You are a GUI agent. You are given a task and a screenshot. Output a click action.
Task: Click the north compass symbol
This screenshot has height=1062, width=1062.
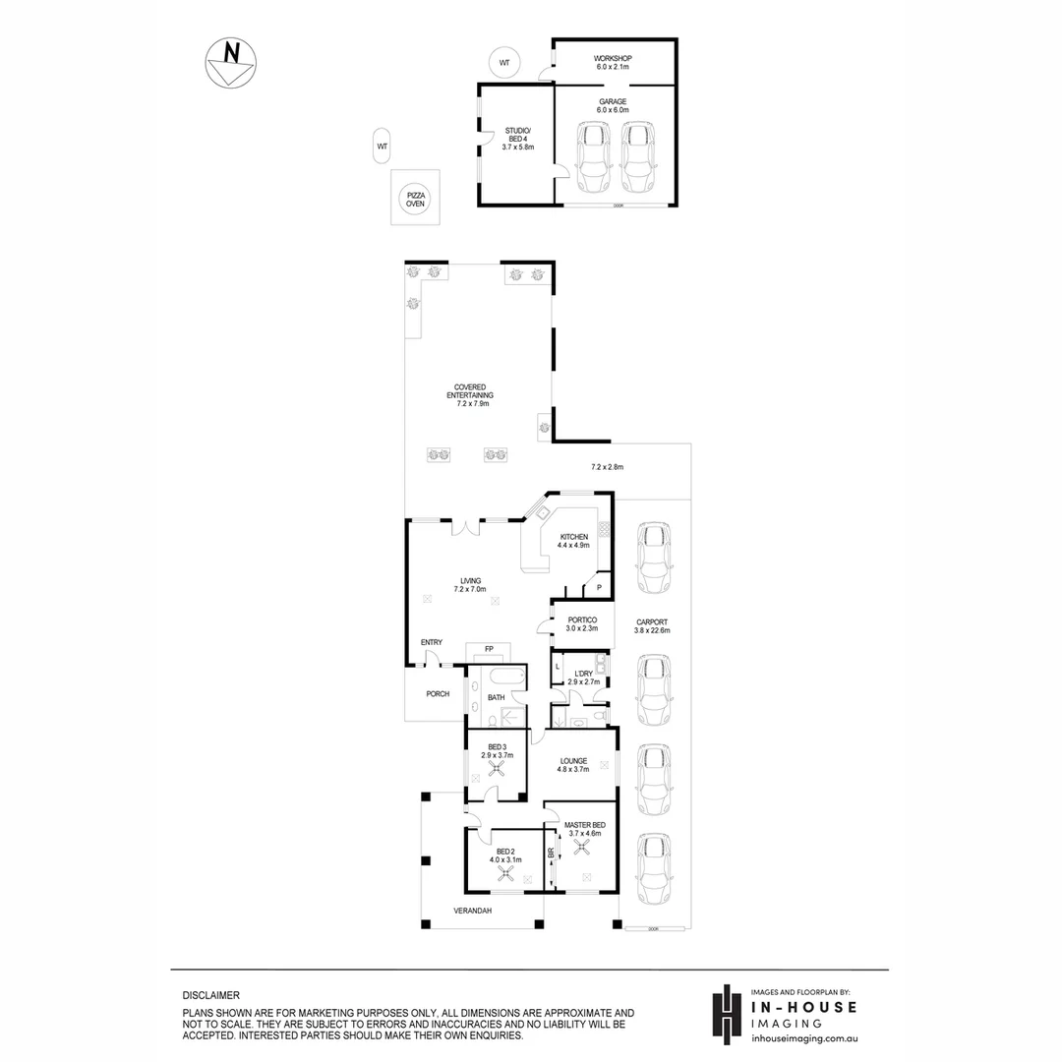230,64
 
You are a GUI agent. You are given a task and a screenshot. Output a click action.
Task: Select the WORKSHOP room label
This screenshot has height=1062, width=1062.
614,63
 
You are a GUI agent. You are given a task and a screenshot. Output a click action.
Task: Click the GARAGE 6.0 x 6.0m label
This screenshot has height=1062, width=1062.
614,106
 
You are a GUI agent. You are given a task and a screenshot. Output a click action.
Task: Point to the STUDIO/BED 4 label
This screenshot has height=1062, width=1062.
517,139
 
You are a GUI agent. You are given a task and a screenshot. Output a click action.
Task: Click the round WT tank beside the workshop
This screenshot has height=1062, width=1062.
504,63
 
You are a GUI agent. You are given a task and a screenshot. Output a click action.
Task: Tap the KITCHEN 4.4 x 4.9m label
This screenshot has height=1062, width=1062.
572,541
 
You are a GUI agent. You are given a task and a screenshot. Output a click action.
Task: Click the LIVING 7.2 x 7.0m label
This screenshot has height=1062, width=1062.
470,584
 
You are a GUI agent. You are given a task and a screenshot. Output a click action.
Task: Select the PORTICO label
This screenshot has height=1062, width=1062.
583,624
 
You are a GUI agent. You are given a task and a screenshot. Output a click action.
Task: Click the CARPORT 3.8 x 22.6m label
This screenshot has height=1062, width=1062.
653,626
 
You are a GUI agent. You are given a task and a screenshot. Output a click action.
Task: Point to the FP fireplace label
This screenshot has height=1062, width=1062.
489,649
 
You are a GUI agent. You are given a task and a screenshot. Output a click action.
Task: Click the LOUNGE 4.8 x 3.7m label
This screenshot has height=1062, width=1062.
573,765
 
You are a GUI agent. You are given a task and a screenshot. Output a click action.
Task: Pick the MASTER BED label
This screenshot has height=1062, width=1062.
584,829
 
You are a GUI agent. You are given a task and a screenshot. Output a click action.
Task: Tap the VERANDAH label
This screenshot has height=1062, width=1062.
472,911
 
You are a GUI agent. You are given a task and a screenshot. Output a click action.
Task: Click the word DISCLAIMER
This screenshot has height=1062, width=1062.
211,995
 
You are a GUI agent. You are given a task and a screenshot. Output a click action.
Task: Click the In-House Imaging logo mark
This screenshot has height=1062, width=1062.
725,1015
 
